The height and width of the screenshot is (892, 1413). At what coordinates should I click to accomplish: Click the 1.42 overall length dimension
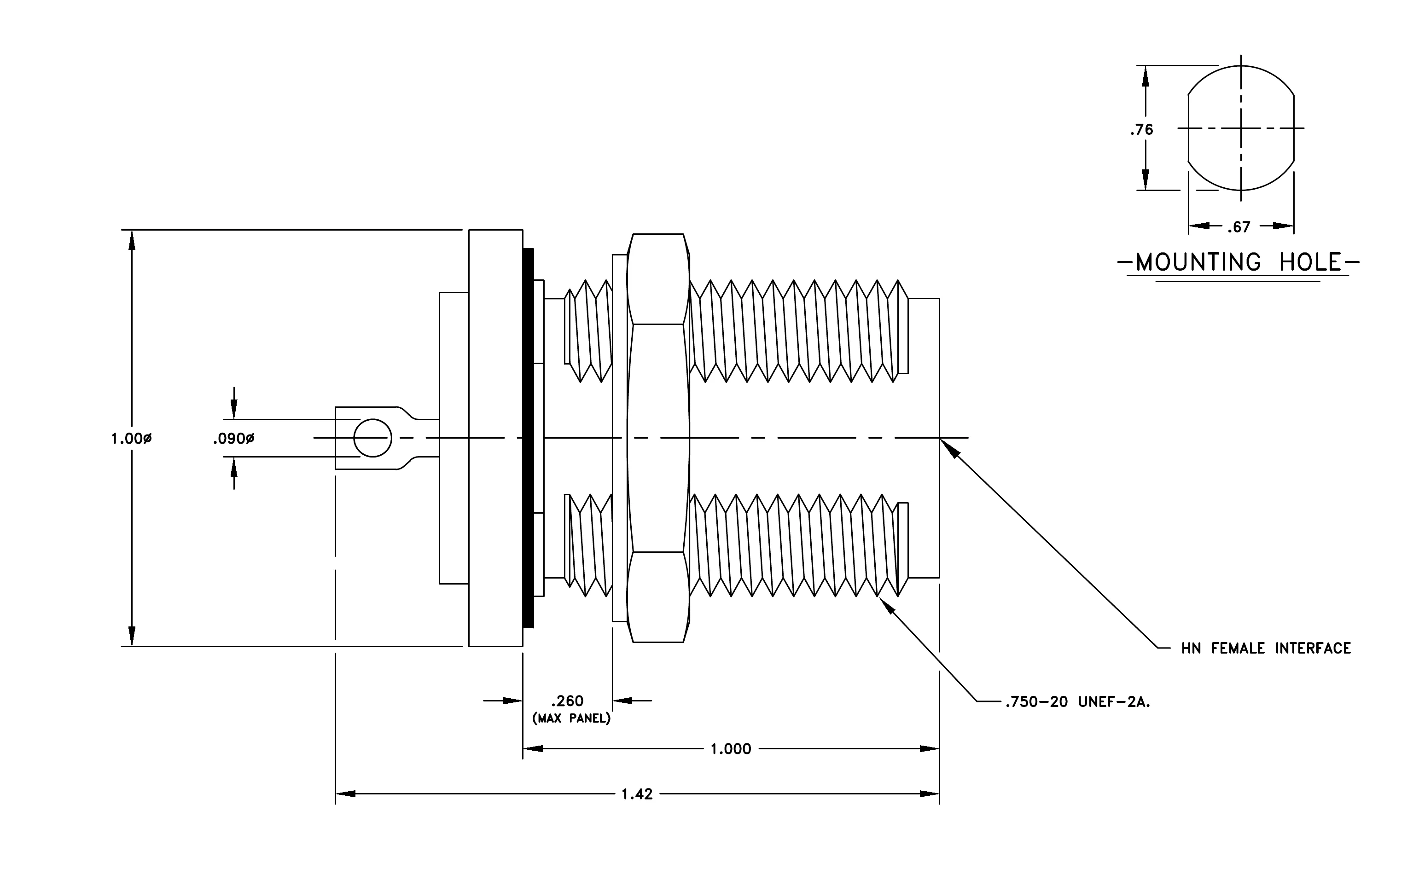[x=637, y=794]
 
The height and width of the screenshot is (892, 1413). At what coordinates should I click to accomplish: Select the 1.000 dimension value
[x=731, y=749]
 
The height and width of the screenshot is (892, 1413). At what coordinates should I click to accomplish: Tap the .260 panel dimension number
[x=567, y=701]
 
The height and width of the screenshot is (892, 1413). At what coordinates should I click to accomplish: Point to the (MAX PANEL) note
[x=571, y=718]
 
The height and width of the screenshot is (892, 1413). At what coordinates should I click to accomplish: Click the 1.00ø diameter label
[x=131, y=438]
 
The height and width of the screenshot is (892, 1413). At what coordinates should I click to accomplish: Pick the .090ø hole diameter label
[x=233, y=438]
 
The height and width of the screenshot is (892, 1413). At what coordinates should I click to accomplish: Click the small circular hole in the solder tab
[x=372, y=438]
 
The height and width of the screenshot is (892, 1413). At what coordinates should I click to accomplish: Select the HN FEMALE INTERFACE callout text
[x=1266, y=648]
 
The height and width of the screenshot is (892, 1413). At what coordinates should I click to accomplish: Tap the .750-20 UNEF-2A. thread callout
[x=1077, y=701]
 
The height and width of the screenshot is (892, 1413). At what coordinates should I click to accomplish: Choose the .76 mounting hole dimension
[x=1141, y=130]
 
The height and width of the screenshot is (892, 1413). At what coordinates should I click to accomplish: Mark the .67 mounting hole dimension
[x=1239, y=227]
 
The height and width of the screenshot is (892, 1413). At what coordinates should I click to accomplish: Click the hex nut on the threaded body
[x=658, y=438]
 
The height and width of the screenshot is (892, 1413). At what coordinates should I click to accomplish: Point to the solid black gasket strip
[x=528, y=438]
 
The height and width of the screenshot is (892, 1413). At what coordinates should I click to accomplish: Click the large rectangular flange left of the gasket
[x=496, y=438]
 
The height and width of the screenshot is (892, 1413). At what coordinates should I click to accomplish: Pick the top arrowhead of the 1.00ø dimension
[x=132, y=240]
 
